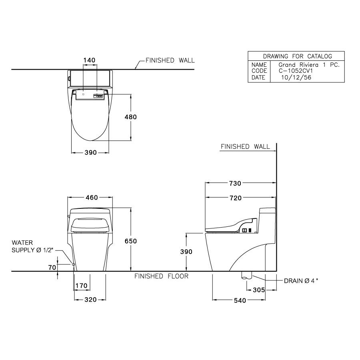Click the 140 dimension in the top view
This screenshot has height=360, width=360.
pyautogui.click(x=89, y=60)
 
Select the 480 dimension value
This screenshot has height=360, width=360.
pyautogui.click(x=131, y=117)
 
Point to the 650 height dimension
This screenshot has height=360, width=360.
pyautogui.click(x=131, y=241)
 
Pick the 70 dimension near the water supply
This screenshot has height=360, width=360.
pyautogui.click(x=52, y=267)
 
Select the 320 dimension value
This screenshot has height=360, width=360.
pyautogui.click(x=90, y=300)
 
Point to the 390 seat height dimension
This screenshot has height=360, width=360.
pyautogui.click(x=186, y=252)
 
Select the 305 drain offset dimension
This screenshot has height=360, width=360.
pyautogui.click(x=259, y=290)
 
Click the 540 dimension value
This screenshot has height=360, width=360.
pyautogui.click(x=239, y=300)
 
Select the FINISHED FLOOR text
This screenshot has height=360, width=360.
pyautogui.click(x=161, y=276)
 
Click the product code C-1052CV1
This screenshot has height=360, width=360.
pyautogui.click(x=295, y=71)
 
